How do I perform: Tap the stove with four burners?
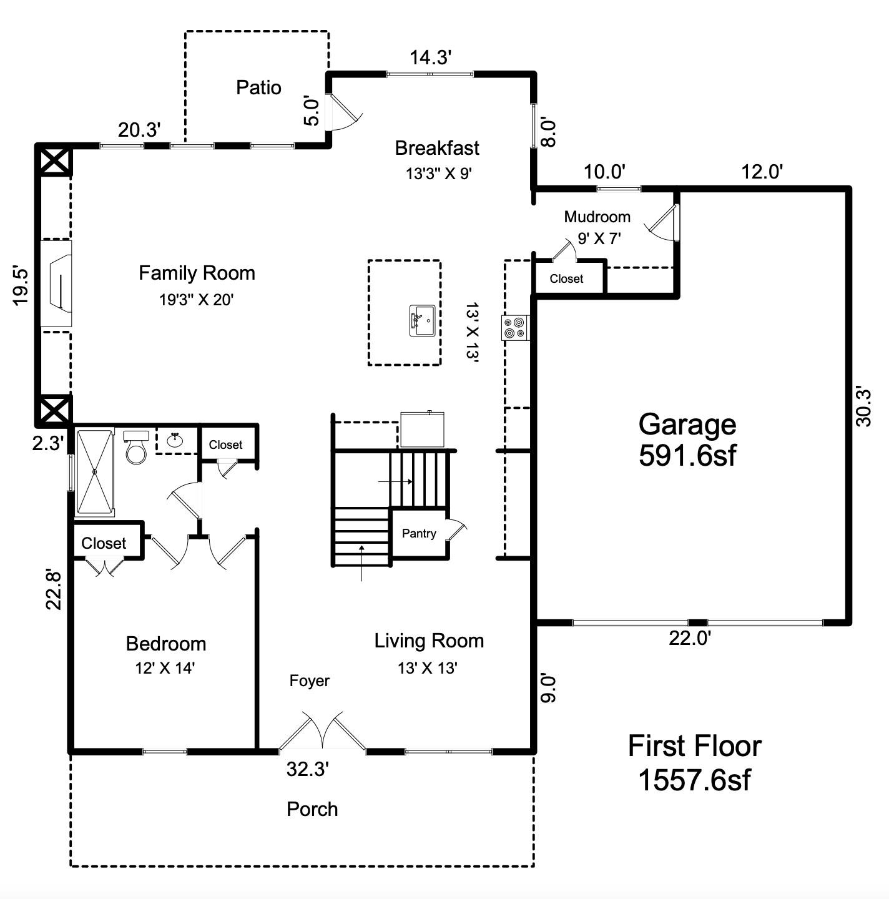pos(515,328)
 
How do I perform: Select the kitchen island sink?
pos(422,320)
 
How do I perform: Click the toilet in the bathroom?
pos(135,446)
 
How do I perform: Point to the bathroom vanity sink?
pos(175,441)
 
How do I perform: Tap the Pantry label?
pos(419,533)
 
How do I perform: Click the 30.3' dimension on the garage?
pos(863,406)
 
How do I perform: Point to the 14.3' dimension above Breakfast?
pos(430,57)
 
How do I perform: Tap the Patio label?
pos(258,87)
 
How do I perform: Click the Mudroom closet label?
pos(566,279)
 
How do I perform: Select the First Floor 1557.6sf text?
pos(694,762)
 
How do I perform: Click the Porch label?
pos(312,809)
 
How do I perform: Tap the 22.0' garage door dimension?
pos(690,638)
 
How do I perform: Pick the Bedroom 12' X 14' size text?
pos(165,668)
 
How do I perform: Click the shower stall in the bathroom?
pos(95,472)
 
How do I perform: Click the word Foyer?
pos(309,680)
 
